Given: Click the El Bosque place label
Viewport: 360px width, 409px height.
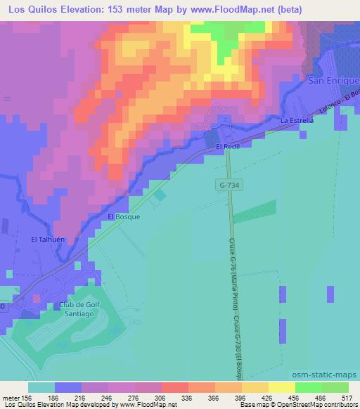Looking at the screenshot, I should pyautogui.click(x=124, y=216).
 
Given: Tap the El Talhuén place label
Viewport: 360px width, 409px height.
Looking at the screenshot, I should pyautogui.click(x=48, y=240).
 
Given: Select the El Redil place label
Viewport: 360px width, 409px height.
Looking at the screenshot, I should pyautogui.click(x=228, y=145).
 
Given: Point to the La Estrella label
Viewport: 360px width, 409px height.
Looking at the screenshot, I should pyautogui.click(x=295, y=121).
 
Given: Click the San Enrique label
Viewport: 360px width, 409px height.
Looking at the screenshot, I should pyautogui.click(x=335, y=82).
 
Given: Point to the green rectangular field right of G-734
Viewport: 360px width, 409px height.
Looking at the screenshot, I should pyautogui.click(x=254, y=212).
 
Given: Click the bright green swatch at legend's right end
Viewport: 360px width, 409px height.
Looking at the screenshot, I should pyautogui.click(x=335, y=387).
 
